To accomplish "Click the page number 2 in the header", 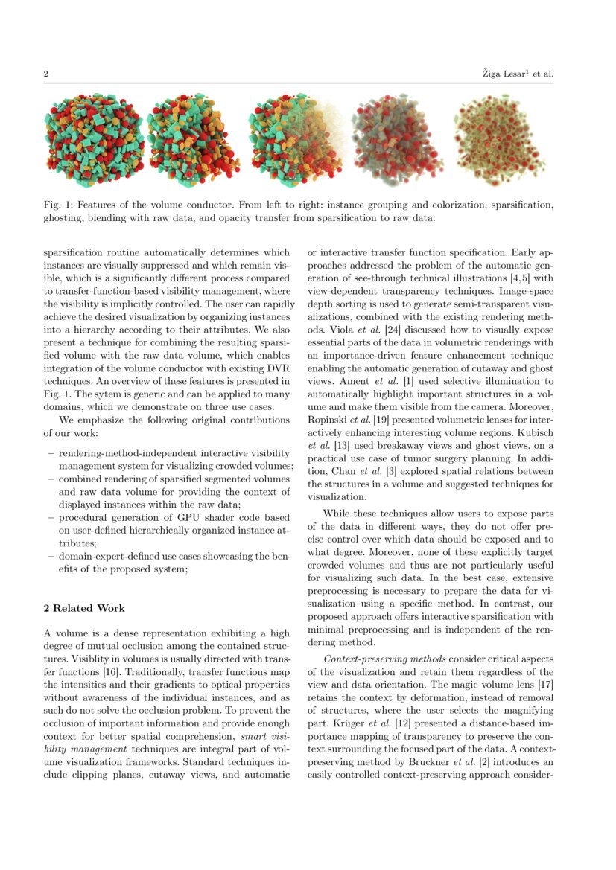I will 46,74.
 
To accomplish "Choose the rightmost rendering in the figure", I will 500,140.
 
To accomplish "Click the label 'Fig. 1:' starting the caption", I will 57,204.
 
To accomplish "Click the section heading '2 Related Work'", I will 84,608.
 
